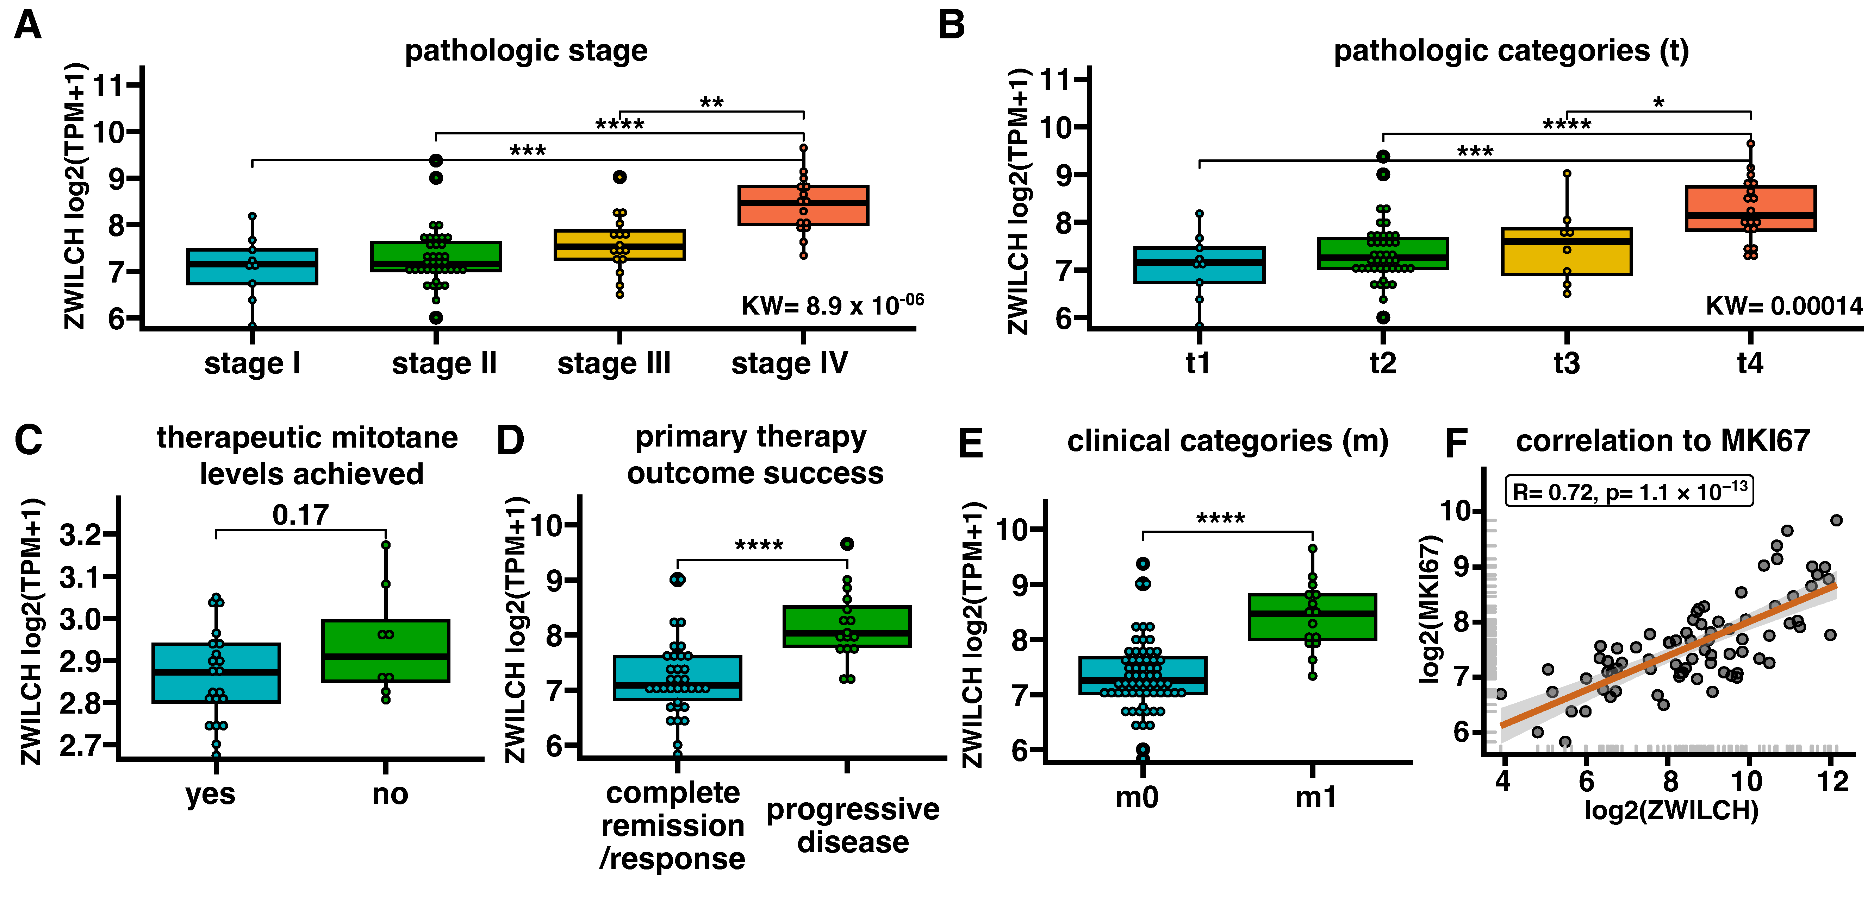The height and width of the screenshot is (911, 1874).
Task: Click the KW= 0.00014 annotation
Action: (x=1784, y=306)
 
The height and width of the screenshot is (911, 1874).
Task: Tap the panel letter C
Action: (x=29, y=440)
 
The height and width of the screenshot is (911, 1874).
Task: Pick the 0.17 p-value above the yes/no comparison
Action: (x=300, y=515)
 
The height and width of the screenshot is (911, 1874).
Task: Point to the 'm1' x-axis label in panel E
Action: (x=1315, y=798)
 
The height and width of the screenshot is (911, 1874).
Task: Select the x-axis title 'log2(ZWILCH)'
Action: (x=1671, y=810)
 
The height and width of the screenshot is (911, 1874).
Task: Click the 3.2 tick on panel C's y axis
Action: (x=80, y=535)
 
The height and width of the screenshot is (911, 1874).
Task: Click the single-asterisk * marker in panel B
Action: (x=1659, y=102)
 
